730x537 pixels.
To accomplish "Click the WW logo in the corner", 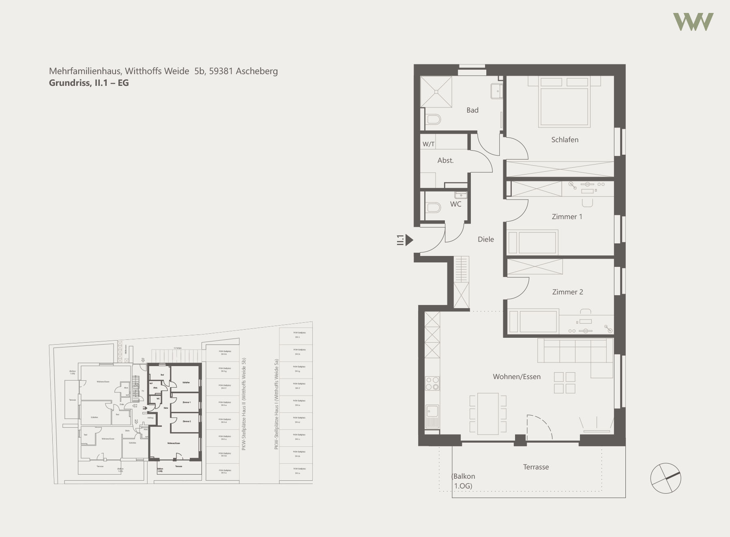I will (693, 22).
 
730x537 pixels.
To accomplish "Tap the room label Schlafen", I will (565, 140).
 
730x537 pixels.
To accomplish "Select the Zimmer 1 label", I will (567, 217).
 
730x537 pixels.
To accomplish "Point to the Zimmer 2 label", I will (567, 292).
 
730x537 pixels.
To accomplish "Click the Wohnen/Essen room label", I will (516, 377).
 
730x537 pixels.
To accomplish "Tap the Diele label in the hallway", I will (485, 239).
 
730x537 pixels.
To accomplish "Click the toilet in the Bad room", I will (434, 119).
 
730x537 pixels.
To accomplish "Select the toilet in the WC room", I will (433, 208).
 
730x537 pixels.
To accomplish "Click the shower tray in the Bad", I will (436, 92).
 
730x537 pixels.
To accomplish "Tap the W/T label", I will (428, 144).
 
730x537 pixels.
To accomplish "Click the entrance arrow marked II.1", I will (409, 240).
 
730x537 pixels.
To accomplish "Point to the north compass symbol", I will (666, 478).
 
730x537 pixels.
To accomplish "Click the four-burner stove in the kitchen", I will (432, 383).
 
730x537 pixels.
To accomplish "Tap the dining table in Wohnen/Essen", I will (488, 413).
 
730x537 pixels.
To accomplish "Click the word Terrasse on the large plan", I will (535, 467).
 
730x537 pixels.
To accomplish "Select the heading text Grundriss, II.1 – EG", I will (89, 83).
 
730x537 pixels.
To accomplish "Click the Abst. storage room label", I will (445, 161).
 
